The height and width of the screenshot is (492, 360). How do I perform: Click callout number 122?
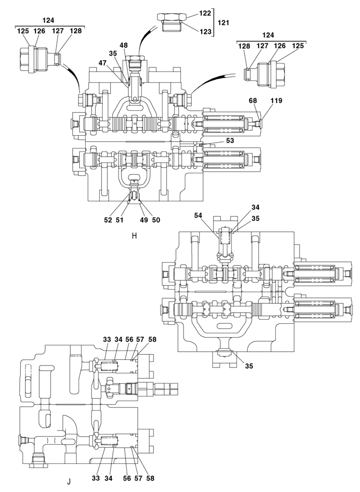pyautogui.click(x=205, y=13)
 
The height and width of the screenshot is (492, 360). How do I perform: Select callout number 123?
pyautogui.click(x=205, y=31)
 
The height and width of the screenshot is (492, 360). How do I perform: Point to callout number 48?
pyautogui.click(x=123, y=45)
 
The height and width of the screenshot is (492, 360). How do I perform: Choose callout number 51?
pyautogui.click(x=120, y=220)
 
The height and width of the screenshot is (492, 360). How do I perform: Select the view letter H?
pyautogui.click(x=134, y=235)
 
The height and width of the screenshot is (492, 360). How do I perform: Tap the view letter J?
pyautogui.click(x=69, y=482)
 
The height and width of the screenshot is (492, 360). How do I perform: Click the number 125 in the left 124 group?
pyautogui.click(x=23, y=31)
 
